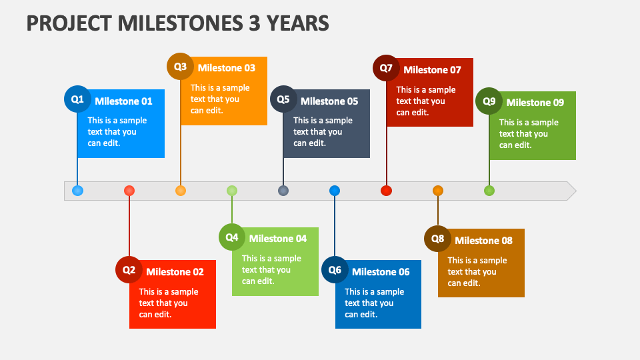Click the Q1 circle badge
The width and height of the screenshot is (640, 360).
[77, 99]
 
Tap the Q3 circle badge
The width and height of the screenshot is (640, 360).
[180, 66]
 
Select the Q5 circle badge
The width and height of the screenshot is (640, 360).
[283, 99]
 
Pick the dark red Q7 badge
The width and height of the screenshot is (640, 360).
[386, 68]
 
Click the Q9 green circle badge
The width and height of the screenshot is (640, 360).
[489, 101]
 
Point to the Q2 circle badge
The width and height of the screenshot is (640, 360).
[129, 269]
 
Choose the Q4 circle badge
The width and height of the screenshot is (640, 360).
[232, 237]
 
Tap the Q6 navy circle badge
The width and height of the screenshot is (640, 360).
[335, 269]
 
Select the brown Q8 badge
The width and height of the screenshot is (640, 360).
[437, 239]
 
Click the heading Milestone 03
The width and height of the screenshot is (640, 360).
[227, 68]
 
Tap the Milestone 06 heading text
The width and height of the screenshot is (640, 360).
[381, 272]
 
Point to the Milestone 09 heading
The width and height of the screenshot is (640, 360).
[535, 103]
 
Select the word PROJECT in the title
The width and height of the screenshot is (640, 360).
[69, 23]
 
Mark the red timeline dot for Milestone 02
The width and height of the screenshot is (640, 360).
[129, 191]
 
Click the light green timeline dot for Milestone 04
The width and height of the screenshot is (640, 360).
[232, 191]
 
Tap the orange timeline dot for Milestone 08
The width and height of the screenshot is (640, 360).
[438, 191]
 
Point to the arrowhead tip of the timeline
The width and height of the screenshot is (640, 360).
[576, 191]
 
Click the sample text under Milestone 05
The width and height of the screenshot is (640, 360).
[323, 132]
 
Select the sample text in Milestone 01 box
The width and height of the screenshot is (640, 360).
[117, 132]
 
